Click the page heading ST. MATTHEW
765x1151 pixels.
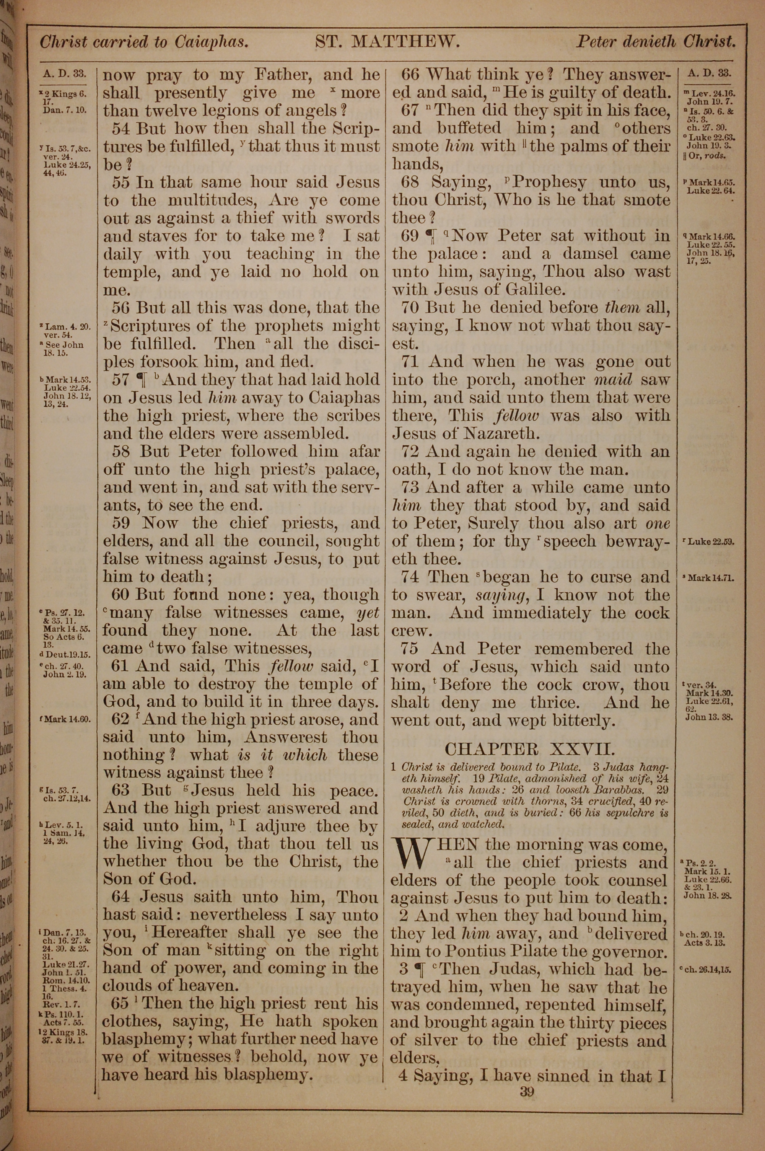(x=387, y=42)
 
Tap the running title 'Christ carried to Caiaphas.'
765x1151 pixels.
(x=145, y=42)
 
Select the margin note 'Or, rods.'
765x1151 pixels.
(x=706, y=156)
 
